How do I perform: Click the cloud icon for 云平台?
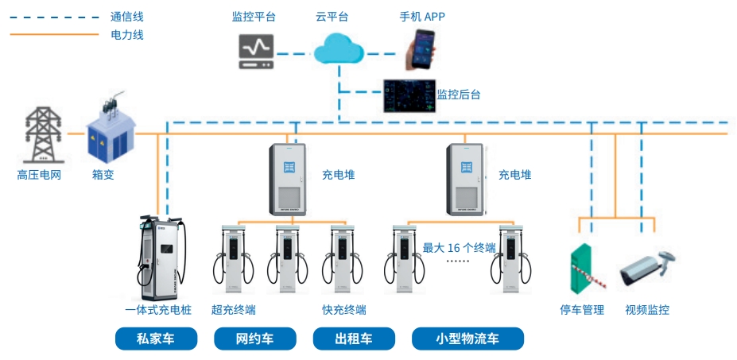click(337, 52)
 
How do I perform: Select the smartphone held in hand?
click(422, 49)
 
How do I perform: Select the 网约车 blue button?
click(254, 339)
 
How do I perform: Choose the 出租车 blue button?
click(353, 339)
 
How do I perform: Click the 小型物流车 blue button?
click(467, 339)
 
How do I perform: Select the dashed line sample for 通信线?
click(52, 16)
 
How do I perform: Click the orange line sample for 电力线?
click(52, 35)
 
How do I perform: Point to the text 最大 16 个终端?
click(459, 248)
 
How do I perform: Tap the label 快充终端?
click(344, 310)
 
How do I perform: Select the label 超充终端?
click(234, 310)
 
